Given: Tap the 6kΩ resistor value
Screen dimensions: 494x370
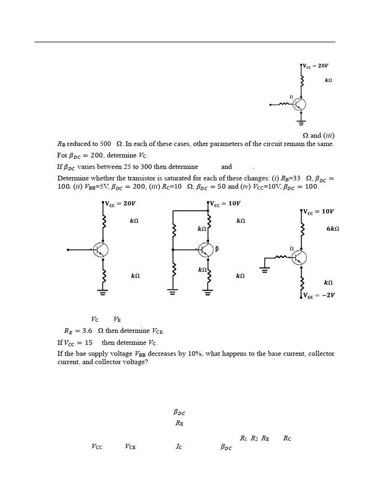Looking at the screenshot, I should [332, 229].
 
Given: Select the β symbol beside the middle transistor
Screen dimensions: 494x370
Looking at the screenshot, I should [217, 249].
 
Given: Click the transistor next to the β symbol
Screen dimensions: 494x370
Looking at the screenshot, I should [206, 249].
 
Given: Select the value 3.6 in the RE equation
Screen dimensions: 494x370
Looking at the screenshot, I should [87, 331].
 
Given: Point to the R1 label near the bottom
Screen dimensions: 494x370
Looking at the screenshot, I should [243, 438].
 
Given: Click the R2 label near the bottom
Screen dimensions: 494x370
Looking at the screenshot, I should [254, 438].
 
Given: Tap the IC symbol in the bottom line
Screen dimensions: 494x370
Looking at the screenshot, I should [179, 447].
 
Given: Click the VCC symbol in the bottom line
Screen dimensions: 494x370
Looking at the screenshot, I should [97, 447].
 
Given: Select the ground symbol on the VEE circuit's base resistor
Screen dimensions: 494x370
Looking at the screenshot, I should [264, 269].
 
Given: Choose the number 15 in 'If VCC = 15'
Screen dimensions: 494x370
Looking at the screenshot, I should [88, 343].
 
